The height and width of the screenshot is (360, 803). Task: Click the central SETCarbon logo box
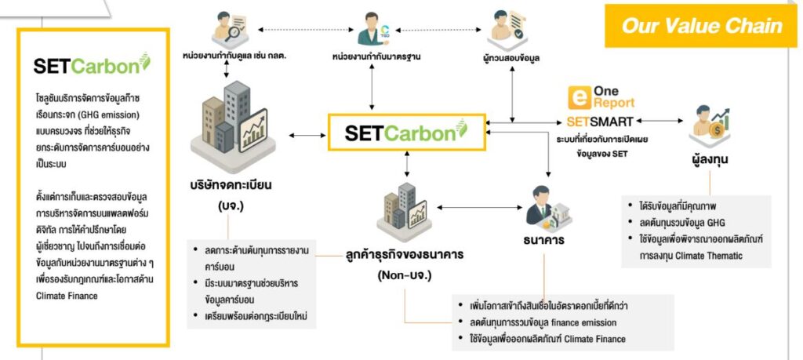pyautogui.click(x=405, y=131)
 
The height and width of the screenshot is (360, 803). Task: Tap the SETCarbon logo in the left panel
pyautogui.click(x=91, y=66)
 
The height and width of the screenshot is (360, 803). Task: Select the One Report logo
pyautogui.click(x=601, y=97)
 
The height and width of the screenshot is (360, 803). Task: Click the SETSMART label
pyautogui.click(x=601, y=122)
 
